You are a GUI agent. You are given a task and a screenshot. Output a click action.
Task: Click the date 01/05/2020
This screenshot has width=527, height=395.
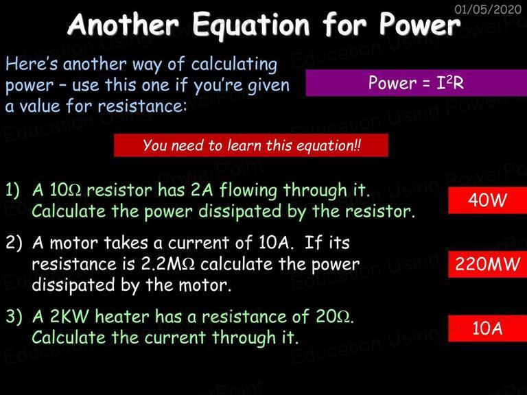coord(488,9)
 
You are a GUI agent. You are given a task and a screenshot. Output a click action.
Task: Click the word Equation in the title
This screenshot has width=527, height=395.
coord(251,25)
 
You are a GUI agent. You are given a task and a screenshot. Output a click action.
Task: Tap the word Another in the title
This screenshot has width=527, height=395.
coord(124,24)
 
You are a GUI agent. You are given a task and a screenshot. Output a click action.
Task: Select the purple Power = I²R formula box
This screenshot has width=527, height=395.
coord(416,83)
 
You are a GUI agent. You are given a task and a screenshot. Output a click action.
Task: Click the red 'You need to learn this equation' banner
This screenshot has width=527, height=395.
coord(251,145)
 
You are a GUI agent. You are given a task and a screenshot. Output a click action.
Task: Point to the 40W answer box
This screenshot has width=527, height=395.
coord(487,200)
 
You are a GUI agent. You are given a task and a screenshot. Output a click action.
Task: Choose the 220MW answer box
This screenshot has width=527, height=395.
coord(487,264)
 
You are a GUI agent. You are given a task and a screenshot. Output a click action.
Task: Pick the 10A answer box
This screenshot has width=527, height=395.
coord(487,328)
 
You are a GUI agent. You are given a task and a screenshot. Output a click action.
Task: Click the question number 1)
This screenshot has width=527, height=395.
coord(13,191)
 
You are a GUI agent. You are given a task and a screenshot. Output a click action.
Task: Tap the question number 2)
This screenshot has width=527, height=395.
coord(14,243)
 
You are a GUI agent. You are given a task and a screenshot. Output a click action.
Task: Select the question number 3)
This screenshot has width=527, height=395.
coord(14,316)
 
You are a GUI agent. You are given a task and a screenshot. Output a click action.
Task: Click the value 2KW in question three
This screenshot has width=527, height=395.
coord(69,316)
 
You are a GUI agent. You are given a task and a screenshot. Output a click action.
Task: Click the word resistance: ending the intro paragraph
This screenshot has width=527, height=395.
coord(142,106)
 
